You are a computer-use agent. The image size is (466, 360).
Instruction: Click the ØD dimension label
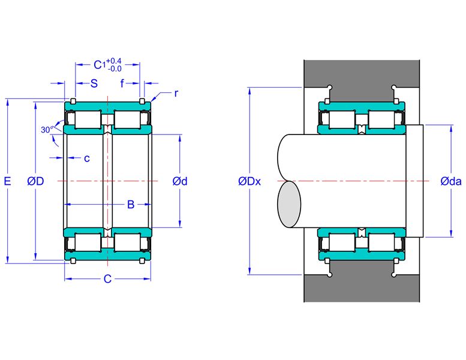coord(35,181)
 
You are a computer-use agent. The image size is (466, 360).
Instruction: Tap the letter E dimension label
coord(7,181)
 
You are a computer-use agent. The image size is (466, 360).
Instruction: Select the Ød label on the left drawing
coord(180,181)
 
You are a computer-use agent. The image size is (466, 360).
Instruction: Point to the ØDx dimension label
coord(249,181)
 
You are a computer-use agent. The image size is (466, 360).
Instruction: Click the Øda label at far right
coord(451,181)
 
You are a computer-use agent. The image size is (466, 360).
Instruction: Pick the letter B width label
coord(131,205)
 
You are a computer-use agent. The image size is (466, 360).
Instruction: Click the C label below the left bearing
coord(107,279)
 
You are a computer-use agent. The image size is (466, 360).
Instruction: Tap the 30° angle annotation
coord(47,130)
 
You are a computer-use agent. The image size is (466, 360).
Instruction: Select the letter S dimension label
coord(94,83)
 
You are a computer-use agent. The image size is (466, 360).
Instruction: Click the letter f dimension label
coord(122,83)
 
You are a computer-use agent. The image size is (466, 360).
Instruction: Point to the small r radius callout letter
coord(176,94)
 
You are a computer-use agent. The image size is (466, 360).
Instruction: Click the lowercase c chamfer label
coord(87,158)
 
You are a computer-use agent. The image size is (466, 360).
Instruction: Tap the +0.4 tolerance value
coord(114,61)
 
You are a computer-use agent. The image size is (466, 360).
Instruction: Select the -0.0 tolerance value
coord(115,68)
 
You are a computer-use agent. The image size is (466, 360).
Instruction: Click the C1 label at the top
coord(100,65)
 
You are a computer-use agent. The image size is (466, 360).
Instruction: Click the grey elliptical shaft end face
coord(289,205)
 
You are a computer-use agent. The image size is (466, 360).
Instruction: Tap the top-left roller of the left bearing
coord(88,119)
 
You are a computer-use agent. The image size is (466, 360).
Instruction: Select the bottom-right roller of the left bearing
coord(127,242)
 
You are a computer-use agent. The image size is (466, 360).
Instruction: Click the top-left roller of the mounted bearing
coord(342,119)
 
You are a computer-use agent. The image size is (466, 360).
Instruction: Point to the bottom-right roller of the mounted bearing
coord(381,242)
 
